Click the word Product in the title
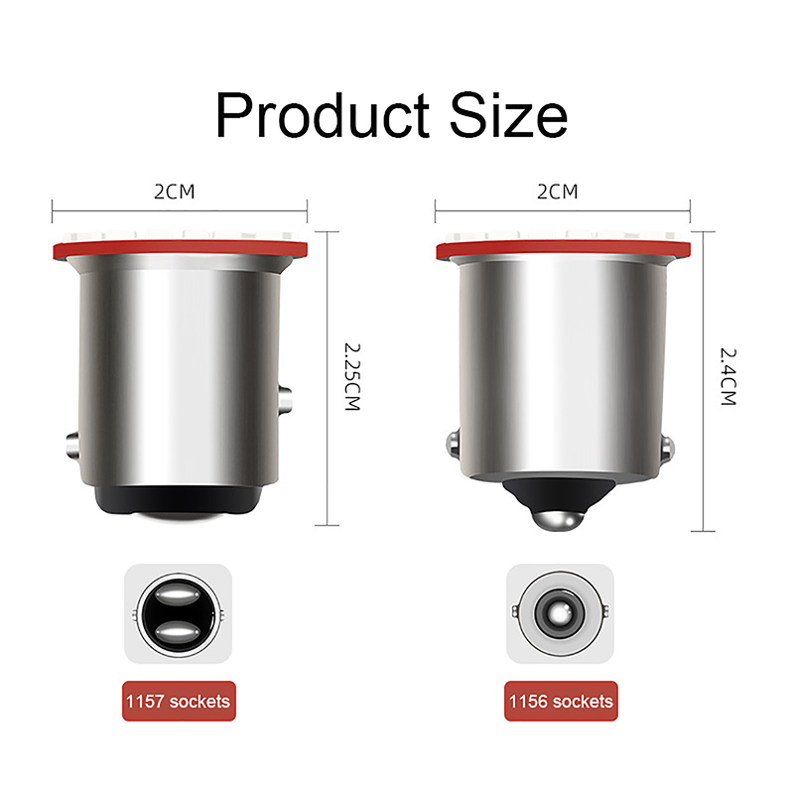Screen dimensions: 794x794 pos(323,114)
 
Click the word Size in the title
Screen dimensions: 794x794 pos(508,114)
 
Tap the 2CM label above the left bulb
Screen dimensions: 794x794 pos(175,192)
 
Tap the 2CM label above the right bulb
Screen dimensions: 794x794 pos(557,192)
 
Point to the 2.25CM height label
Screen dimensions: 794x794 pos(352,377)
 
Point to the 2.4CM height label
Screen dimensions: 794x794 pos(728,377)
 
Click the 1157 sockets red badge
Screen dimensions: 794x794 pos(179,701)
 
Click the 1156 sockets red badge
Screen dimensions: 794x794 pos(561,701)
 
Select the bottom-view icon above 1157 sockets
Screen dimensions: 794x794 pos(179,613)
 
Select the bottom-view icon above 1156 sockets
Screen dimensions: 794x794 pos(560,613)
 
